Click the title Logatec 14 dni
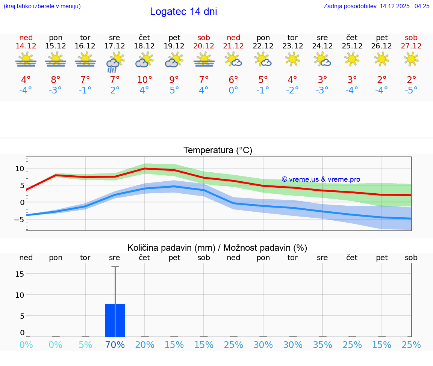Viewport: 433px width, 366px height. tap(183, 12)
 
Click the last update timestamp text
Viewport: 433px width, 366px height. tap(376, 6)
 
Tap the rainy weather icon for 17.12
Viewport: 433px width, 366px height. tap(115, 62)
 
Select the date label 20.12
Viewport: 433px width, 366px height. tap(204, 46)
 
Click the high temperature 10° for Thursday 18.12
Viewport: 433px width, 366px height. tap(144, 80)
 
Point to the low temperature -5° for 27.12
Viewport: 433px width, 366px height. tap(411, 90)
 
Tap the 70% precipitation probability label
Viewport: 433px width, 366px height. tap(115, 345)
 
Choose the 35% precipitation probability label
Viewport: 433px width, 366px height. tap(322, 345)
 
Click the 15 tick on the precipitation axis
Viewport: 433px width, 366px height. tap(20, 274)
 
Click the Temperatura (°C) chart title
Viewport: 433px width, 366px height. tap(218, 150)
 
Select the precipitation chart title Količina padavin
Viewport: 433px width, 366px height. tap(217, 248)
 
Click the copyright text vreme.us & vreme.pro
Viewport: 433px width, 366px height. tap(321, 179)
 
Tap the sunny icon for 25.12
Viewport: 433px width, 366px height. tap(352, 59)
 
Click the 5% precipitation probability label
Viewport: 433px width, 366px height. tap(85, 345)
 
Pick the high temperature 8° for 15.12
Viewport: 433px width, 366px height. tap(55, 80)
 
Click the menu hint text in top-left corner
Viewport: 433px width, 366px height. tap(42, 6)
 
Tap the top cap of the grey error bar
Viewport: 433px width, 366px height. tap(115, 267)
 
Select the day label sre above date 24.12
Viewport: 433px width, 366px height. tap(322, 38)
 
